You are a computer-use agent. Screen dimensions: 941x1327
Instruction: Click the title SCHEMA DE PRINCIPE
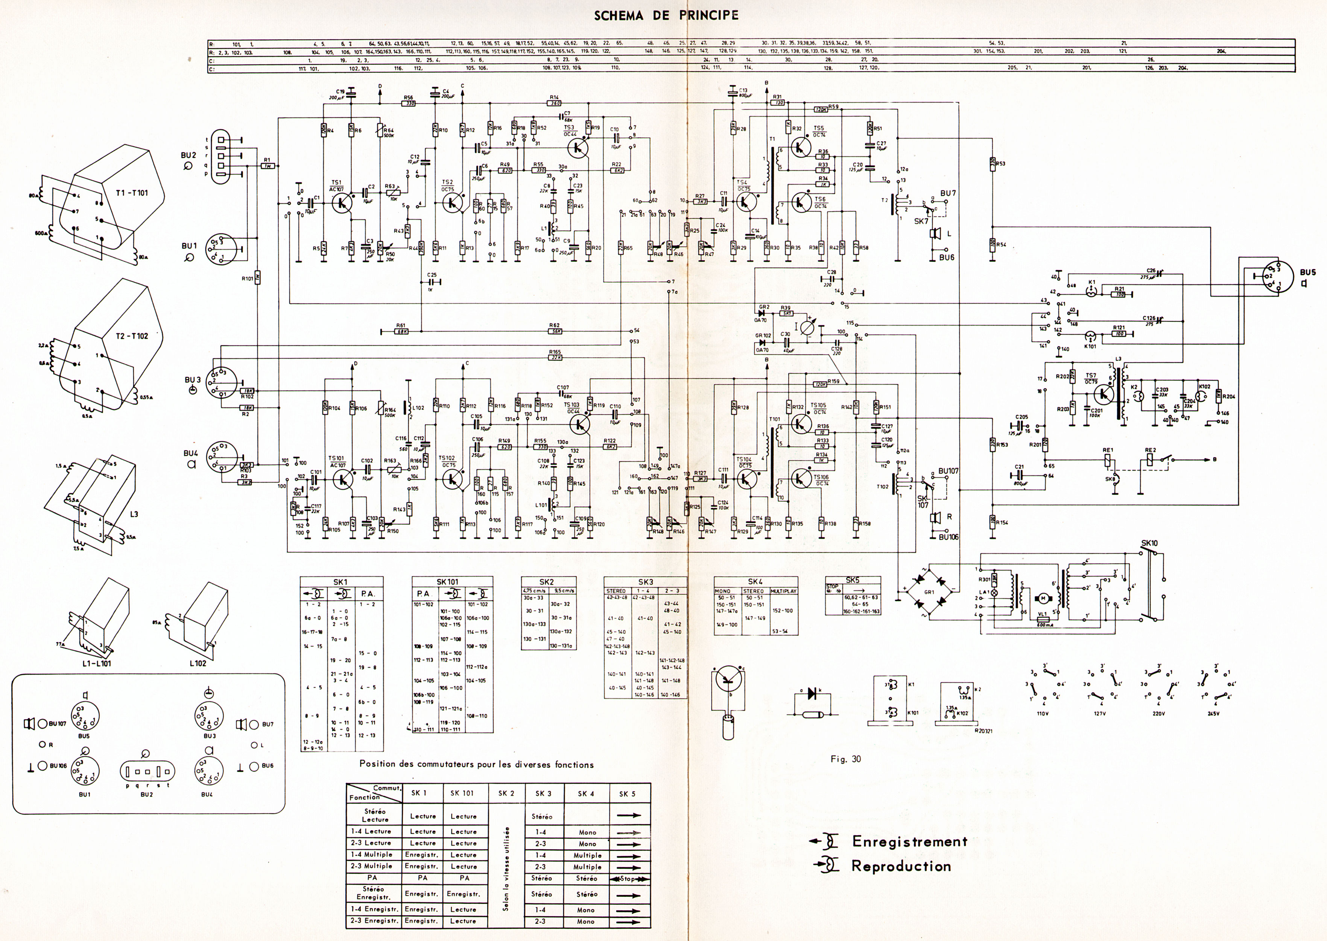(666, 16)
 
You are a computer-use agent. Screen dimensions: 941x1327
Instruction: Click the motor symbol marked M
(1043, 598)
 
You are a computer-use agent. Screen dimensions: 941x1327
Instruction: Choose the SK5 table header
(853, 579)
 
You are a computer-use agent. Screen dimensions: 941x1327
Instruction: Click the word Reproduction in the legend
(901, 866)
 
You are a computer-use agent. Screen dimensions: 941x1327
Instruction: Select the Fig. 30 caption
(846, 759)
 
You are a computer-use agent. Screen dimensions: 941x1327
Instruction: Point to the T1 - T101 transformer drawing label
(131, 193)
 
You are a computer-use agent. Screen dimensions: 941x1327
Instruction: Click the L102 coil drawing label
(198, 663)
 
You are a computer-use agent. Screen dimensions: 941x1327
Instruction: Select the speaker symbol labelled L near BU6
(934, 233)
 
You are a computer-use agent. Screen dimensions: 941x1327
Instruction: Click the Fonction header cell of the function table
(365, 797)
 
